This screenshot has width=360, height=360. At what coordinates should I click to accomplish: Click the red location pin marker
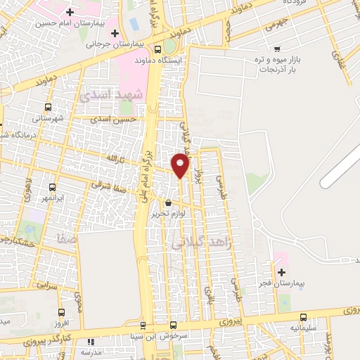click(181, 165)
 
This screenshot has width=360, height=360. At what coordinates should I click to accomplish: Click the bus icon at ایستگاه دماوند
click(157, 50)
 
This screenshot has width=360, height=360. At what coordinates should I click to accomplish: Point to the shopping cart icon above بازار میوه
click(278, 49)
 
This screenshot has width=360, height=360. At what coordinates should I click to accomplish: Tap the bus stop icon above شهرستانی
click(48, 107)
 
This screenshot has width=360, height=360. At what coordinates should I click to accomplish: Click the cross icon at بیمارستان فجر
click(281, 272)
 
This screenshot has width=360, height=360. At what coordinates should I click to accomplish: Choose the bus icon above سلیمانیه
click(304, 317)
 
